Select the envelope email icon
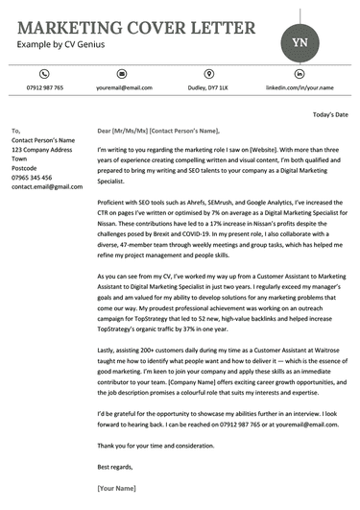pyautogui.click(x=122, y=73)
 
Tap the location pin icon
pyautogui.click(x=209, y=73)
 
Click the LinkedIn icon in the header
pyautogui.click(x=293, y=73)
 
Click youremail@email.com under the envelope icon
pyautogui.click(x=124, y=87)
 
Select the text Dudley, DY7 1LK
pyautogui.click(x=208, y=87)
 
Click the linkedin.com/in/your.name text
pyautogui.click(x=293, y=87)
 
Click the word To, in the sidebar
pyautogui.click(x=15, y=130)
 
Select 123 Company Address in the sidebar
pyautogui.click(x=41, y=151)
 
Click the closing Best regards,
pyautogui.click(x=117, y=466)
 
